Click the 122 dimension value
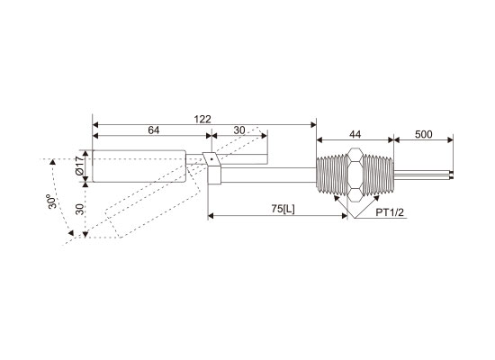202,119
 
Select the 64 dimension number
154,130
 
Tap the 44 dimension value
355,134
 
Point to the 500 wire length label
423,134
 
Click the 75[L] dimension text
283,209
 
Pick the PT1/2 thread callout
390,212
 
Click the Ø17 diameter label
80,166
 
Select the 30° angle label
53,202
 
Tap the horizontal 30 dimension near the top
239,130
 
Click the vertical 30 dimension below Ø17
80,210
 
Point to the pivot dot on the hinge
211,159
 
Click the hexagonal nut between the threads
355,175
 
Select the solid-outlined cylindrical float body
139,166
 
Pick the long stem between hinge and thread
268,175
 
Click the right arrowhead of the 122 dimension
313,125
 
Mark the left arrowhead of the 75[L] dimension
211,216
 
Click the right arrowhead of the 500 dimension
450,139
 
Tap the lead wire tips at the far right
452,175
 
